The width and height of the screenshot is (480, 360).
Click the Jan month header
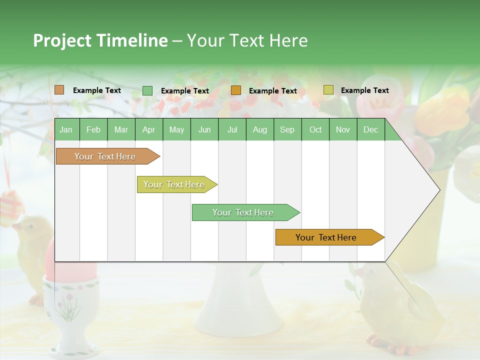coord(66,129)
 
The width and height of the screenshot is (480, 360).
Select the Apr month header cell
coord(148,129)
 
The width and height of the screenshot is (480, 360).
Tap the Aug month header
coord(259,129)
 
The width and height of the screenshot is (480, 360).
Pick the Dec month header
coord(370,129)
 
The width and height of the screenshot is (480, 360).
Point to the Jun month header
coord(204,129)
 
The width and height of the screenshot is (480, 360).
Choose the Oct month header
coord(315,129)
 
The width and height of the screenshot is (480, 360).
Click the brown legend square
coord(59,90)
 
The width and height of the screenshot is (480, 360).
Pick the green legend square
coord(147,90)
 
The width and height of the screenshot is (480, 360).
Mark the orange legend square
coord(235,90)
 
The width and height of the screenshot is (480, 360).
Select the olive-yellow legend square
coord(328,90)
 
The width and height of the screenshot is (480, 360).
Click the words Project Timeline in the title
coord(100,40)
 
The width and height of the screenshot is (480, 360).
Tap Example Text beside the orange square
coord(272,91)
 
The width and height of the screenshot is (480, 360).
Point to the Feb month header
coord(93,129)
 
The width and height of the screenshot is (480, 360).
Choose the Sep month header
coord(287,129)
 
